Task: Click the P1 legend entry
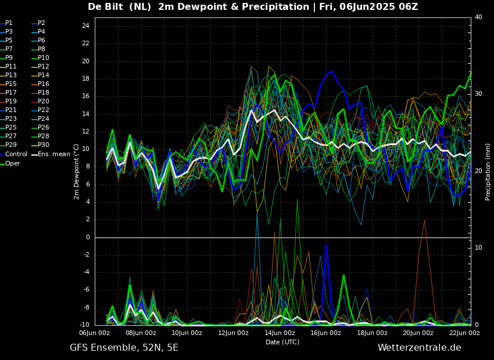click(9, 23)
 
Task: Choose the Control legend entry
click(16, 154)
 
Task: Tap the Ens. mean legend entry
click(55, 154)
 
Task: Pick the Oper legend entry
click(12, 163)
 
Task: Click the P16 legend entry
click(44, 84)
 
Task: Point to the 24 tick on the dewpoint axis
click(85, 26)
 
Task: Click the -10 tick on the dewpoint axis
click(84, 325)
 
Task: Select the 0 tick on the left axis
click(87, 237)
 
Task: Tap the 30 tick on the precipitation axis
click(478, 93)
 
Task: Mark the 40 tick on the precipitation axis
click(478, 17)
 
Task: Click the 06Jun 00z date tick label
click(94, 333)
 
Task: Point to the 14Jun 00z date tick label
click(280, 333)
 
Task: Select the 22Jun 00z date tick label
click(464, 333)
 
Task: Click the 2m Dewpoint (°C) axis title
click(77, 171)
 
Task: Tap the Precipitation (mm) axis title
click(488, 171)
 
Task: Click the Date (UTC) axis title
click(282, 343)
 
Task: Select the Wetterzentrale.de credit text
click(419, 348)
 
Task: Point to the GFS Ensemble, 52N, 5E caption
click(124, 348)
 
